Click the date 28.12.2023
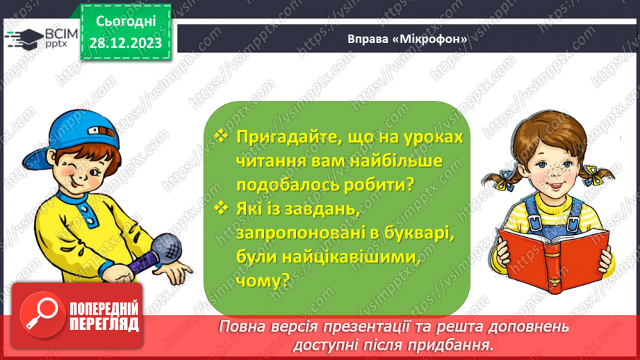coord(125,43)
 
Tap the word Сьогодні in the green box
coord(125,22)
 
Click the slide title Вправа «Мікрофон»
coord(407,39)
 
